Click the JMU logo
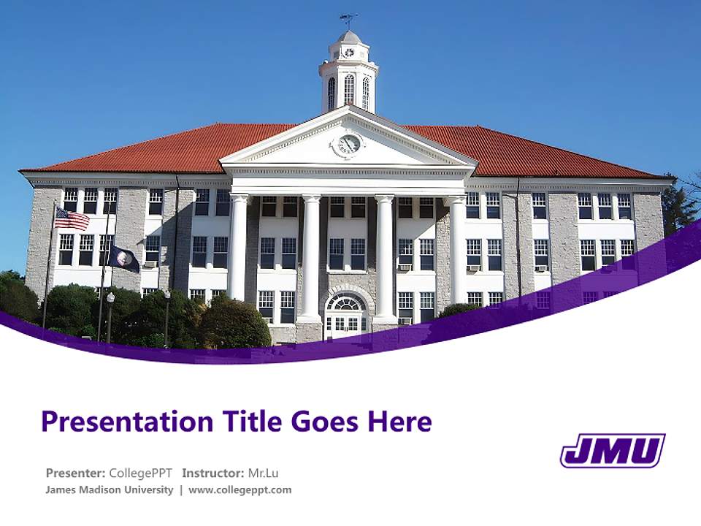pyautogui.click(x=612, y=450)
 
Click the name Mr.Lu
pyautogui.click(x=263, y=473)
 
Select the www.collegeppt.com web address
pyautogui.click(x=240, y=489)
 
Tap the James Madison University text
pyautogui.click(x=109, y=489)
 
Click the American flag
pyautogui.click(x=72, y=218)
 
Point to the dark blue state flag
pyautogui.click(x=123, y=259)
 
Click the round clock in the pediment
pyautogui.click(x=349, y=144)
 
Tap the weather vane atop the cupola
pyautogui.click(x=348, y=20)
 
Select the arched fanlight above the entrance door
pyautogui.click(x=346, y=302)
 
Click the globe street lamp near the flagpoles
pyautogui.click(x=110, y=297)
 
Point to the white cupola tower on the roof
pyautogui.click(x=348, y=73)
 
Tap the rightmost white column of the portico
pyautogui.click(x=458, y=248)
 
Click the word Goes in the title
pyautogui.click(x=325, y=422)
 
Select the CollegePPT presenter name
pyautogui.click(x=140, y=473)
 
